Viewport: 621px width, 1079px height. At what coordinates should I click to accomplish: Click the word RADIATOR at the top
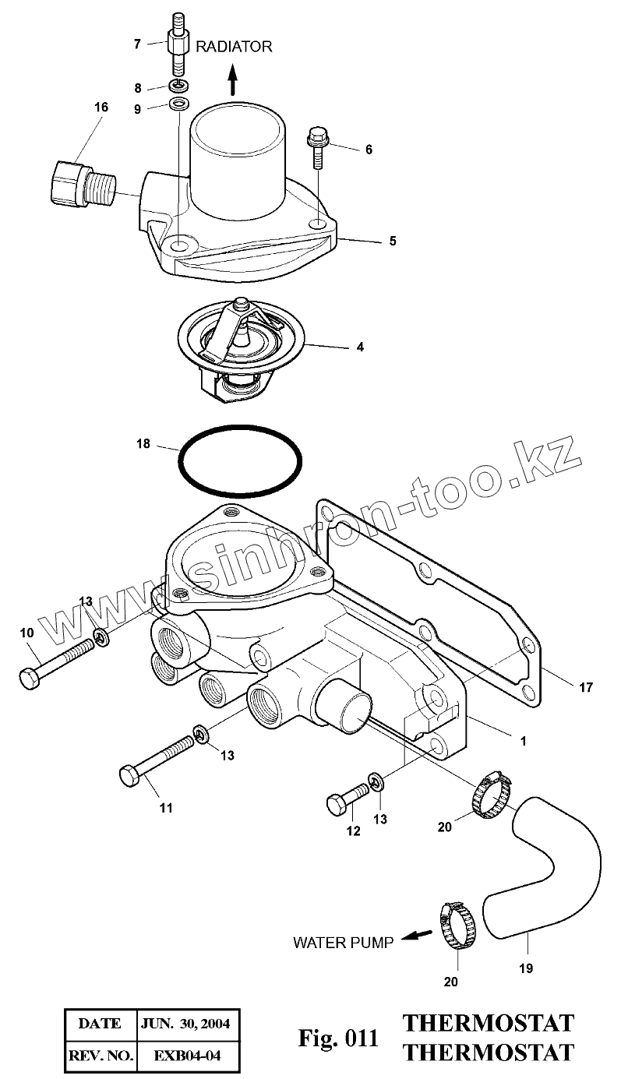pos(234,47)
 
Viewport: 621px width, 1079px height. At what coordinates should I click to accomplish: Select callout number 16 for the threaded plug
pos(101,108)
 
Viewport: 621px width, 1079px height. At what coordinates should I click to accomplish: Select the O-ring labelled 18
pos(240,460)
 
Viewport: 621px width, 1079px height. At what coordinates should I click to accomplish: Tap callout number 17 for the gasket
pos(585,688)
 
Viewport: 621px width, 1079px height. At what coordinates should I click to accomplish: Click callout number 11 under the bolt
pos(165,808)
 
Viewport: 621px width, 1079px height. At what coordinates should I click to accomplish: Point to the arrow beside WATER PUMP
pos(420,937)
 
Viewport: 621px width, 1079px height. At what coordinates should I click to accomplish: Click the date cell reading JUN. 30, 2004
pos(185,1023)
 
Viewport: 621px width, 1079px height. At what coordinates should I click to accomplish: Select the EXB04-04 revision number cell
pos(185,1056)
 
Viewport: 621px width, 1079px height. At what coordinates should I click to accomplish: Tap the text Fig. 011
pos(339,1038)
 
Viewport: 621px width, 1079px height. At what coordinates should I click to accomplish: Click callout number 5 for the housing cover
pos(393,242)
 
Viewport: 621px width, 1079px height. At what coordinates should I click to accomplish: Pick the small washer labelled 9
pos(178,104)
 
